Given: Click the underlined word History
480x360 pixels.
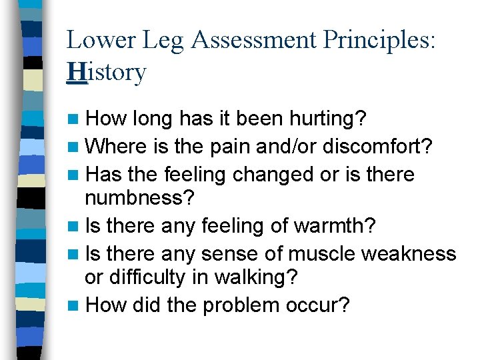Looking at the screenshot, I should (106, 72).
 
